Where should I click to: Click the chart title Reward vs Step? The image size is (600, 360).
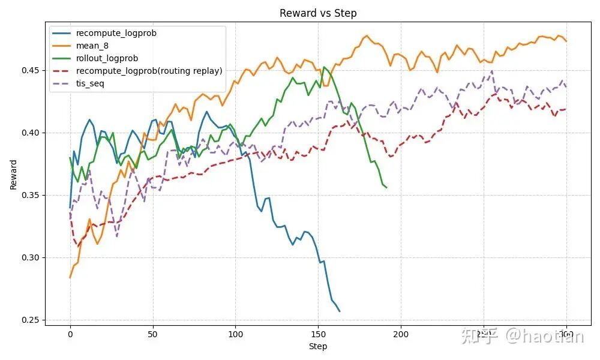point(318,13)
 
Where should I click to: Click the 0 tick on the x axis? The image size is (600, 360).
point(70,334)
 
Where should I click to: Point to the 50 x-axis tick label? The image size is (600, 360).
point(153,334)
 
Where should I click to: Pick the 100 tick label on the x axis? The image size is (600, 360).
point(236,334)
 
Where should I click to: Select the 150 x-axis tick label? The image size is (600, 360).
point(319,334)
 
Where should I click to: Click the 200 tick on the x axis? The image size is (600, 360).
point(401,334)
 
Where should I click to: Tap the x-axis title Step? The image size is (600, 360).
point(318,346)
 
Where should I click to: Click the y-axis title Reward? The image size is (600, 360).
point(13,175)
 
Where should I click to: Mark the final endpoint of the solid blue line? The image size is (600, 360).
point(340,311)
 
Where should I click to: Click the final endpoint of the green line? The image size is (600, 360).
point(386,188)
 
